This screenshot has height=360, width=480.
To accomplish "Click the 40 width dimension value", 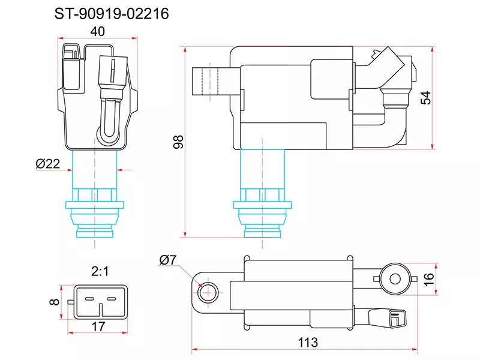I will tap(98, 31).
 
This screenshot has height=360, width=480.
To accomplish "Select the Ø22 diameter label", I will tap(48, 164).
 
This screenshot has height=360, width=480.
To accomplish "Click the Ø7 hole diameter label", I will tap(168, 260).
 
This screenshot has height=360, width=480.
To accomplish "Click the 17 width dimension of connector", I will tap(99, 328).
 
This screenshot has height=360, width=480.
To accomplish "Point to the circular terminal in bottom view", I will tap(394, 278).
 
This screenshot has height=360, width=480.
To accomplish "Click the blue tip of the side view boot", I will tap(262, 231).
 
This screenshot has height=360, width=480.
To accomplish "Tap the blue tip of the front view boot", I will tap(95, 231).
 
